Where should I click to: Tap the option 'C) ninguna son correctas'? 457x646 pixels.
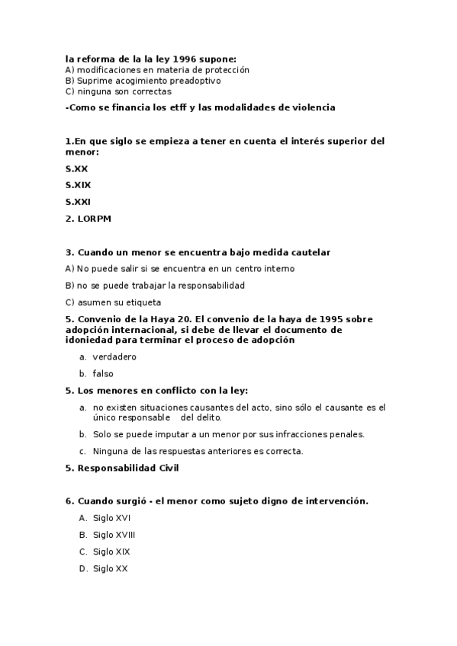point(118,91)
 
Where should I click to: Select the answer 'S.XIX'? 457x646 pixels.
point(79,184)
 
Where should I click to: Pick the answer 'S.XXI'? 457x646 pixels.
point(79,202)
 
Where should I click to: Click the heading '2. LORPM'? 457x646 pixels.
point(89,219)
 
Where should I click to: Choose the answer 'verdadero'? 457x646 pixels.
point(114,357)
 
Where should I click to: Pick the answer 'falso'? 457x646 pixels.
point(103,373)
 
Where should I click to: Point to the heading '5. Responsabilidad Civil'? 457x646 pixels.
point(122,468)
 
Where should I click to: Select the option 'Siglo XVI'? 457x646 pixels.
point(112,518)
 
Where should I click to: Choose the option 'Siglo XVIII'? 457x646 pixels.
point(114,535)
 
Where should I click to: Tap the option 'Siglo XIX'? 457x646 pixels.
point(112,552)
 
